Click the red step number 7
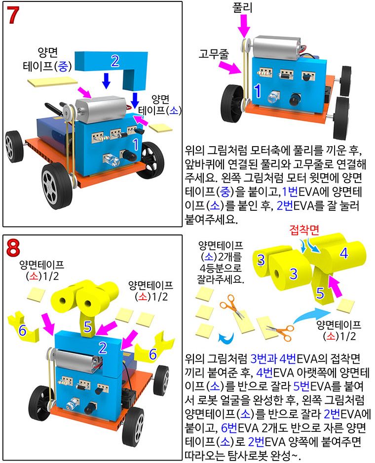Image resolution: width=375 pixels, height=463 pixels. tap(14, 16)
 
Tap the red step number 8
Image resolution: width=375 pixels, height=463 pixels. tap(14, 248)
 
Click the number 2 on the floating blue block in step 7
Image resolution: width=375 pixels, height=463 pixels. tap(115, 61)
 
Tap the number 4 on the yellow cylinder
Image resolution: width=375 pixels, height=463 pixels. tap(344, 253)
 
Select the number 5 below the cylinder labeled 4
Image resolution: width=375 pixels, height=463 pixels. tap(320, 294)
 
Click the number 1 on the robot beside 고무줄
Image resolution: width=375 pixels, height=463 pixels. tap(257, 90)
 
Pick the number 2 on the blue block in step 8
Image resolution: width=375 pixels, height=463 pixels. tap(102, 347)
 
